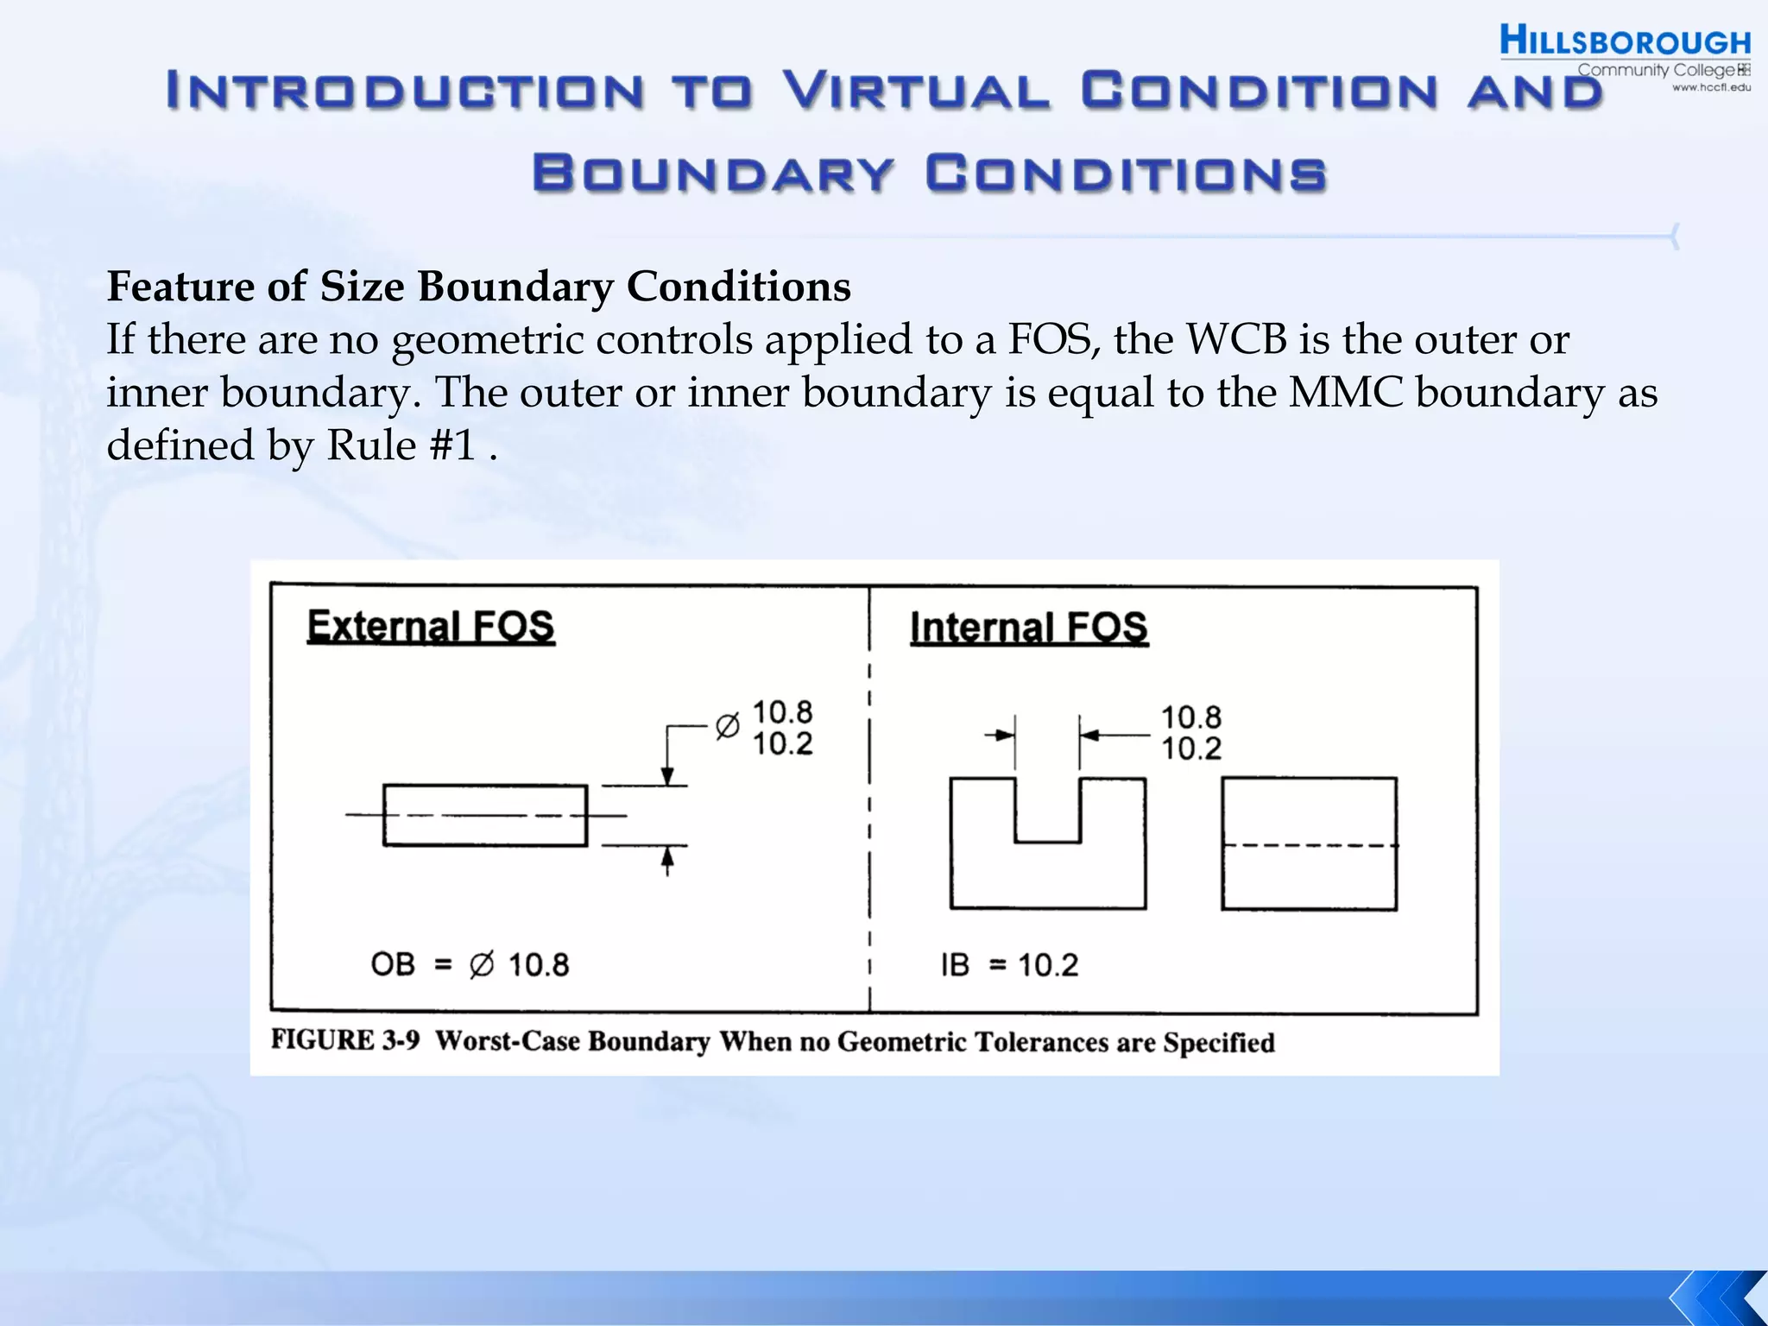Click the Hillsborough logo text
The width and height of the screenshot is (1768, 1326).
point(1625,41)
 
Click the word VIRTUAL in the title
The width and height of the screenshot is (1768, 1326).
point(917,91)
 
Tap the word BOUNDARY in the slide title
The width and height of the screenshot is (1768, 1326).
point(713,173)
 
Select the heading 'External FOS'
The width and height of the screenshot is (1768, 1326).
point(431,626)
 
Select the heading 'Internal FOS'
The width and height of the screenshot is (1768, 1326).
point(1029,628)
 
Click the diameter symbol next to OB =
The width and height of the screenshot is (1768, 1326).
point(482,964)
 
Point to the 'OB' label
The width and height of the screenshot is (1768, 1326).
point(393,963)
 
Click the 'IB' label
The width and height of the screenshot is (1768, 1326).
point(955,964)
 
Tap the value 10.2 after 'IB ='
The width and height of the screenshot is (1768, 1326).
point(1048,965)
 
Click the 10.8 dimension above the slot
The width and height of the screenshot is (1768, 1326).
point(1190,717)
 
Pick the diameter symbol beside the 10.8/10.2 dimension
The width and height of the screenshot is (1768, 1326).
point(727,727)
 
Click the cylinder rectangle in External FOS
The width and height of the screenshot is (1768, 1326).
point(485,815)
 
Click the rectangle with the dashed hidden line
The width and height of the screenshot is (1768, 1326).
point(1309,843)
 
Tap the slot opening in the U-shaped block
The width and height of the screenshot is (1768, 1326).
point(1047,807)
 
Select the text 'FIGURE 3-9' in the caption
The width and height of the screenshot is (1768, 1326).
point(345,1039)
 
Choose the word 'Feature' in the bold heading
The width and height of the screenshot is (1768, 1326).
point(180,286)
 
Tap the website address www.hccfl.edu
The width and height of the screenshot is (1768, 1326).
point(1711,87)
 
